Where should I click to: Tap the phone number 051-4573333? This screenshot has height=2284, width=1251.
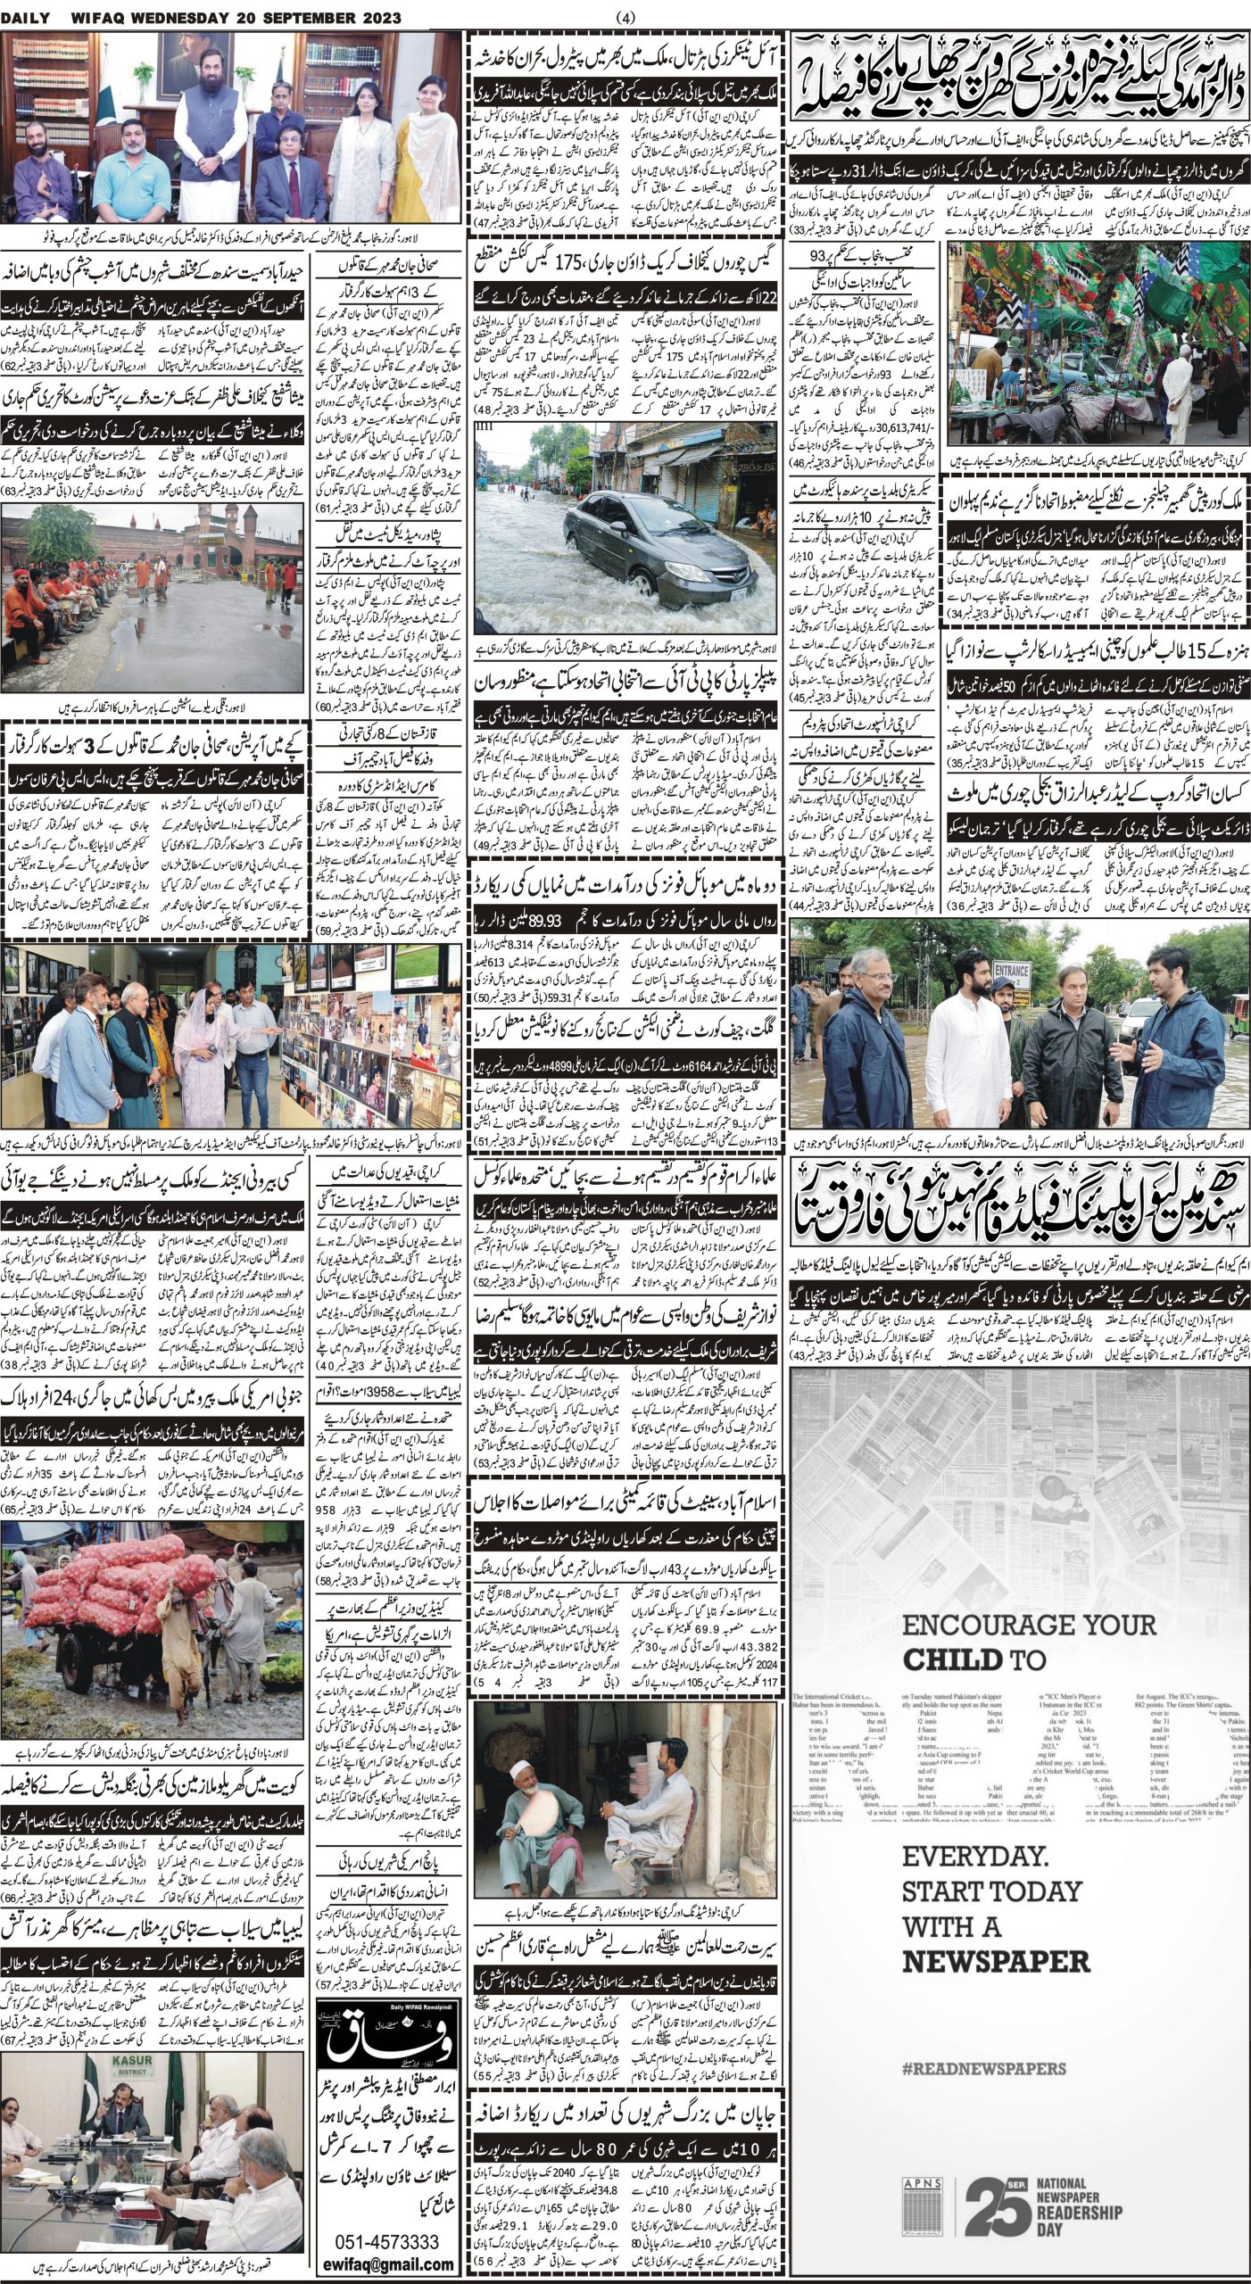pyautogui.click(x=386, y=2236)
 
